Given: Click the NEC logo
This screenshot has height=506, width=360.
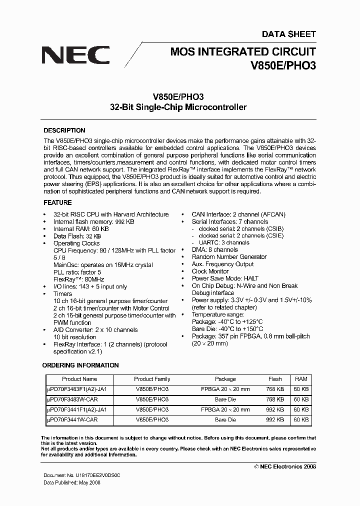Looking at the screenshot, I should (75, 55).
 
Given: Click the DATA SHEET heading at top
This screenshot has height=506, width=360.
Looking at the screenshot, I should (289, 34).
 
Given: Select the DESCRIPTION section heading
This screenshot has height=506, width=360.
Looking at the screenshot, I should (64, 130).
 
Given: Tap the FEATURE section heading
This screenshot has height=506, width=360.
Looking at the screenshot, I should (57, 202).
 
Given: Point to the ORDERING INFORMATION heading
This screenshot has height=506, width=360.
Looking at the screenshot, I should (80, 365).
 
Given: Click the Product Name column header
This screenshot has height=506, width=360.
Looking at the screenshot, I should (79, 379).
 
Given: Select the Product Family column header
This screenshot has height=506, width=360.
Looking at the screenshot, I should (152, 379).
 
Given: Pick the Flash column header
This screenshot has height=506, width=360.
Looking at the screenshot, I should (275, 379).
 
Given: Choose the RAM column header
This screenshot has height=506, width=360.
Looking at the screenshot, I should (301, 379).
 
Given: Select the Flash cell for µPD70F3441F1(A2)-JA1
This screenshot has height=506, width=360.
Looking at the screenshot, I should (275, 409).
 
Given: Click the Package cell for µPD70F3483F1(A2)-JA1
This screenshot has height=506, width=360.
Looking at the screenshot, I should (225, 389).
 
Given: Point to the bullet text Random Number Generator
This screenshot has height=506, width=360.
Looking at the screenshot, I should (229, 257).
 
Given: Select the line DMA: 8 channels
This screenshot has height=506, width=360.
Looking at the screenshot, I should (214, 249).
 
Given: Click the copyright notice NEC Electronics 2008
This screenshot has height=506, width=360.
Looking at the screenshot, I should (285, 466).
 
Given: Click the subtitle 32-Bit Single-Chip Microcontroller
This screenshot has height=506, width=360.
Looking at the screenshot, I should (178, 107).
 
